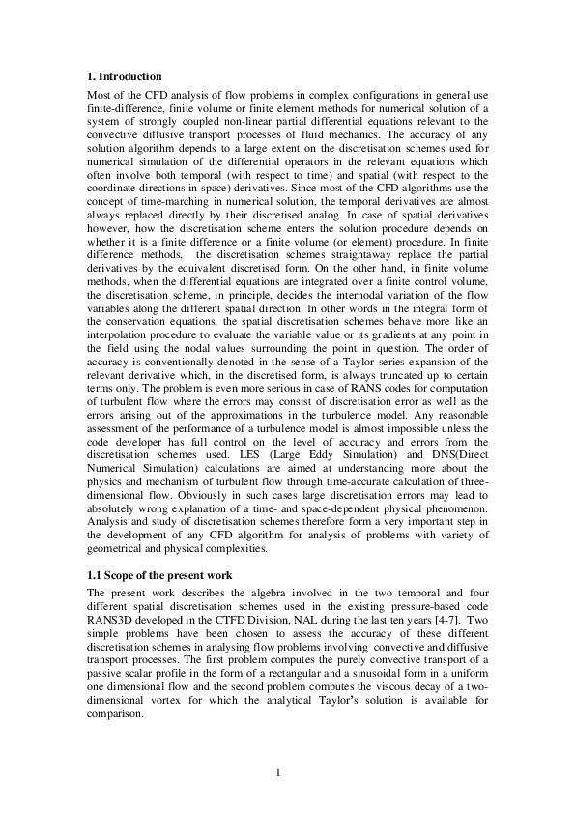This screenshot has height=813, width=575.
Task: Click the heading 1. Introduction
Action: click(125, 76)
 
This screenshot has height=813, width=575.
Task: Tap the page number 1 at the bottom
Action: click(278, 771)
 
